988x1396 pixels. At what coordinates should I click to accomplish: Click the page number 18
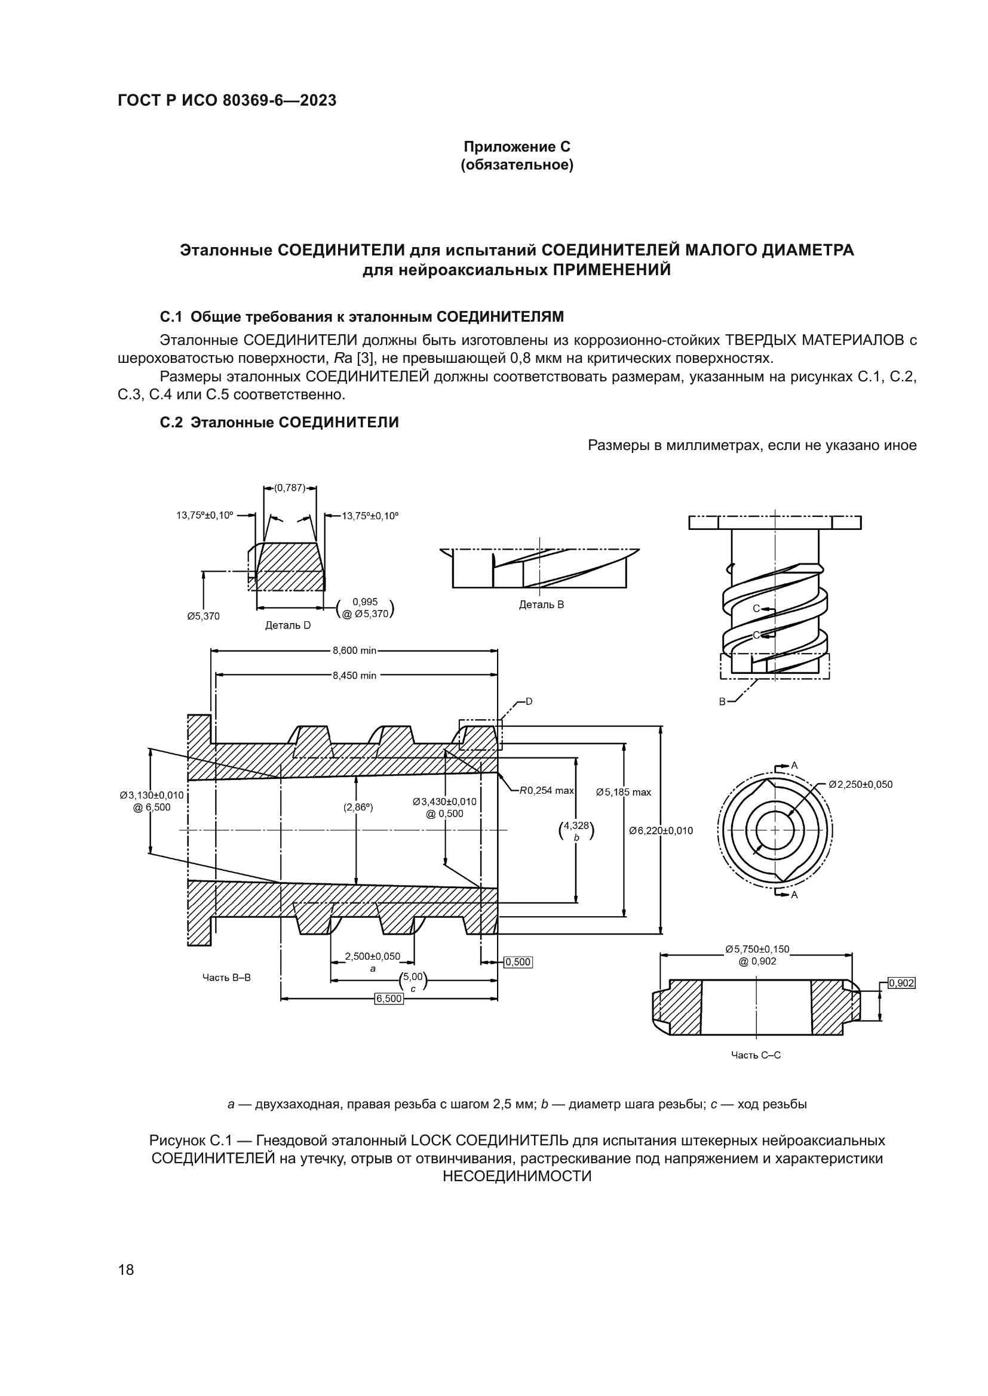click(126, 1269)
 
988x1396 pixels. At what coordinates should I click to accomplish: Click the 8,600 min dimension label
click(354, 651)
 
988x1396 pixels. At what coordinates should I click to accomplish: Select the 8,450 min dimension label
click(354, 675)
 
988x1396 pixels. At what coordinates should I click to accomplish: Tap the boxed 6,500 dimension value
click(389, 999)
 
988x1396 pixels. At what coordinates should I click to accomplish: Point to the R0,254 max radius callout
click(547, 790)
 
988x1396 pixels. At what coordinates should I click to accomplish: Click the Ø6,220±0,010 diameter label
click(661, 831)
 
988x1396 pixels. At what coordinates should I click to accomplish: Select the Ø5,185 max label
click(623, 792)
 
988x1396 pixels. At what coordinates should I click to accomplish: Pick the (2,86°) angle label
click(358, 808)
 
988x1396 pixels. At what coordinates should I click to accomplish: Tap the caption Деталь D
click(288, 625)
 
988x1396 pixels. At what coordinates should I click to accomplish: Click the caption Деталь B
click(541, 605)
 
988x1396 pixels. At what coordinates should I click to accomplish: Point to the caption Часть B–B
click(226, 978)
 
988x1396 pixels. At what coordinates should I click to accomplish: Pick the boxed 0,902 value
click(901, 983)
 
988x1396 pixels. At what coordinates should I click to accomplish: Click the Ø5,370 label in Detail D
click(203, 616)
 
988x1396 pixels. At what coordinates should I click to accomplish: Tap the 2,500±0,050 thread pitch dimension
click(372, 956)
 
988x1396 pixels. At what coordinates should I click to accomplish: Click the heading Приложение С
click(517, 147)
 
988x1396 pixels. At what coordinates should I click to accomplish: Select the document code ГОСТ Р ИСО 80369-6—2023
click(227, 100)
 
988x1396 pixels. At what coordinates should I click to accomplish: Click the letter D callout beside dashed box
click(529, 702)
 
